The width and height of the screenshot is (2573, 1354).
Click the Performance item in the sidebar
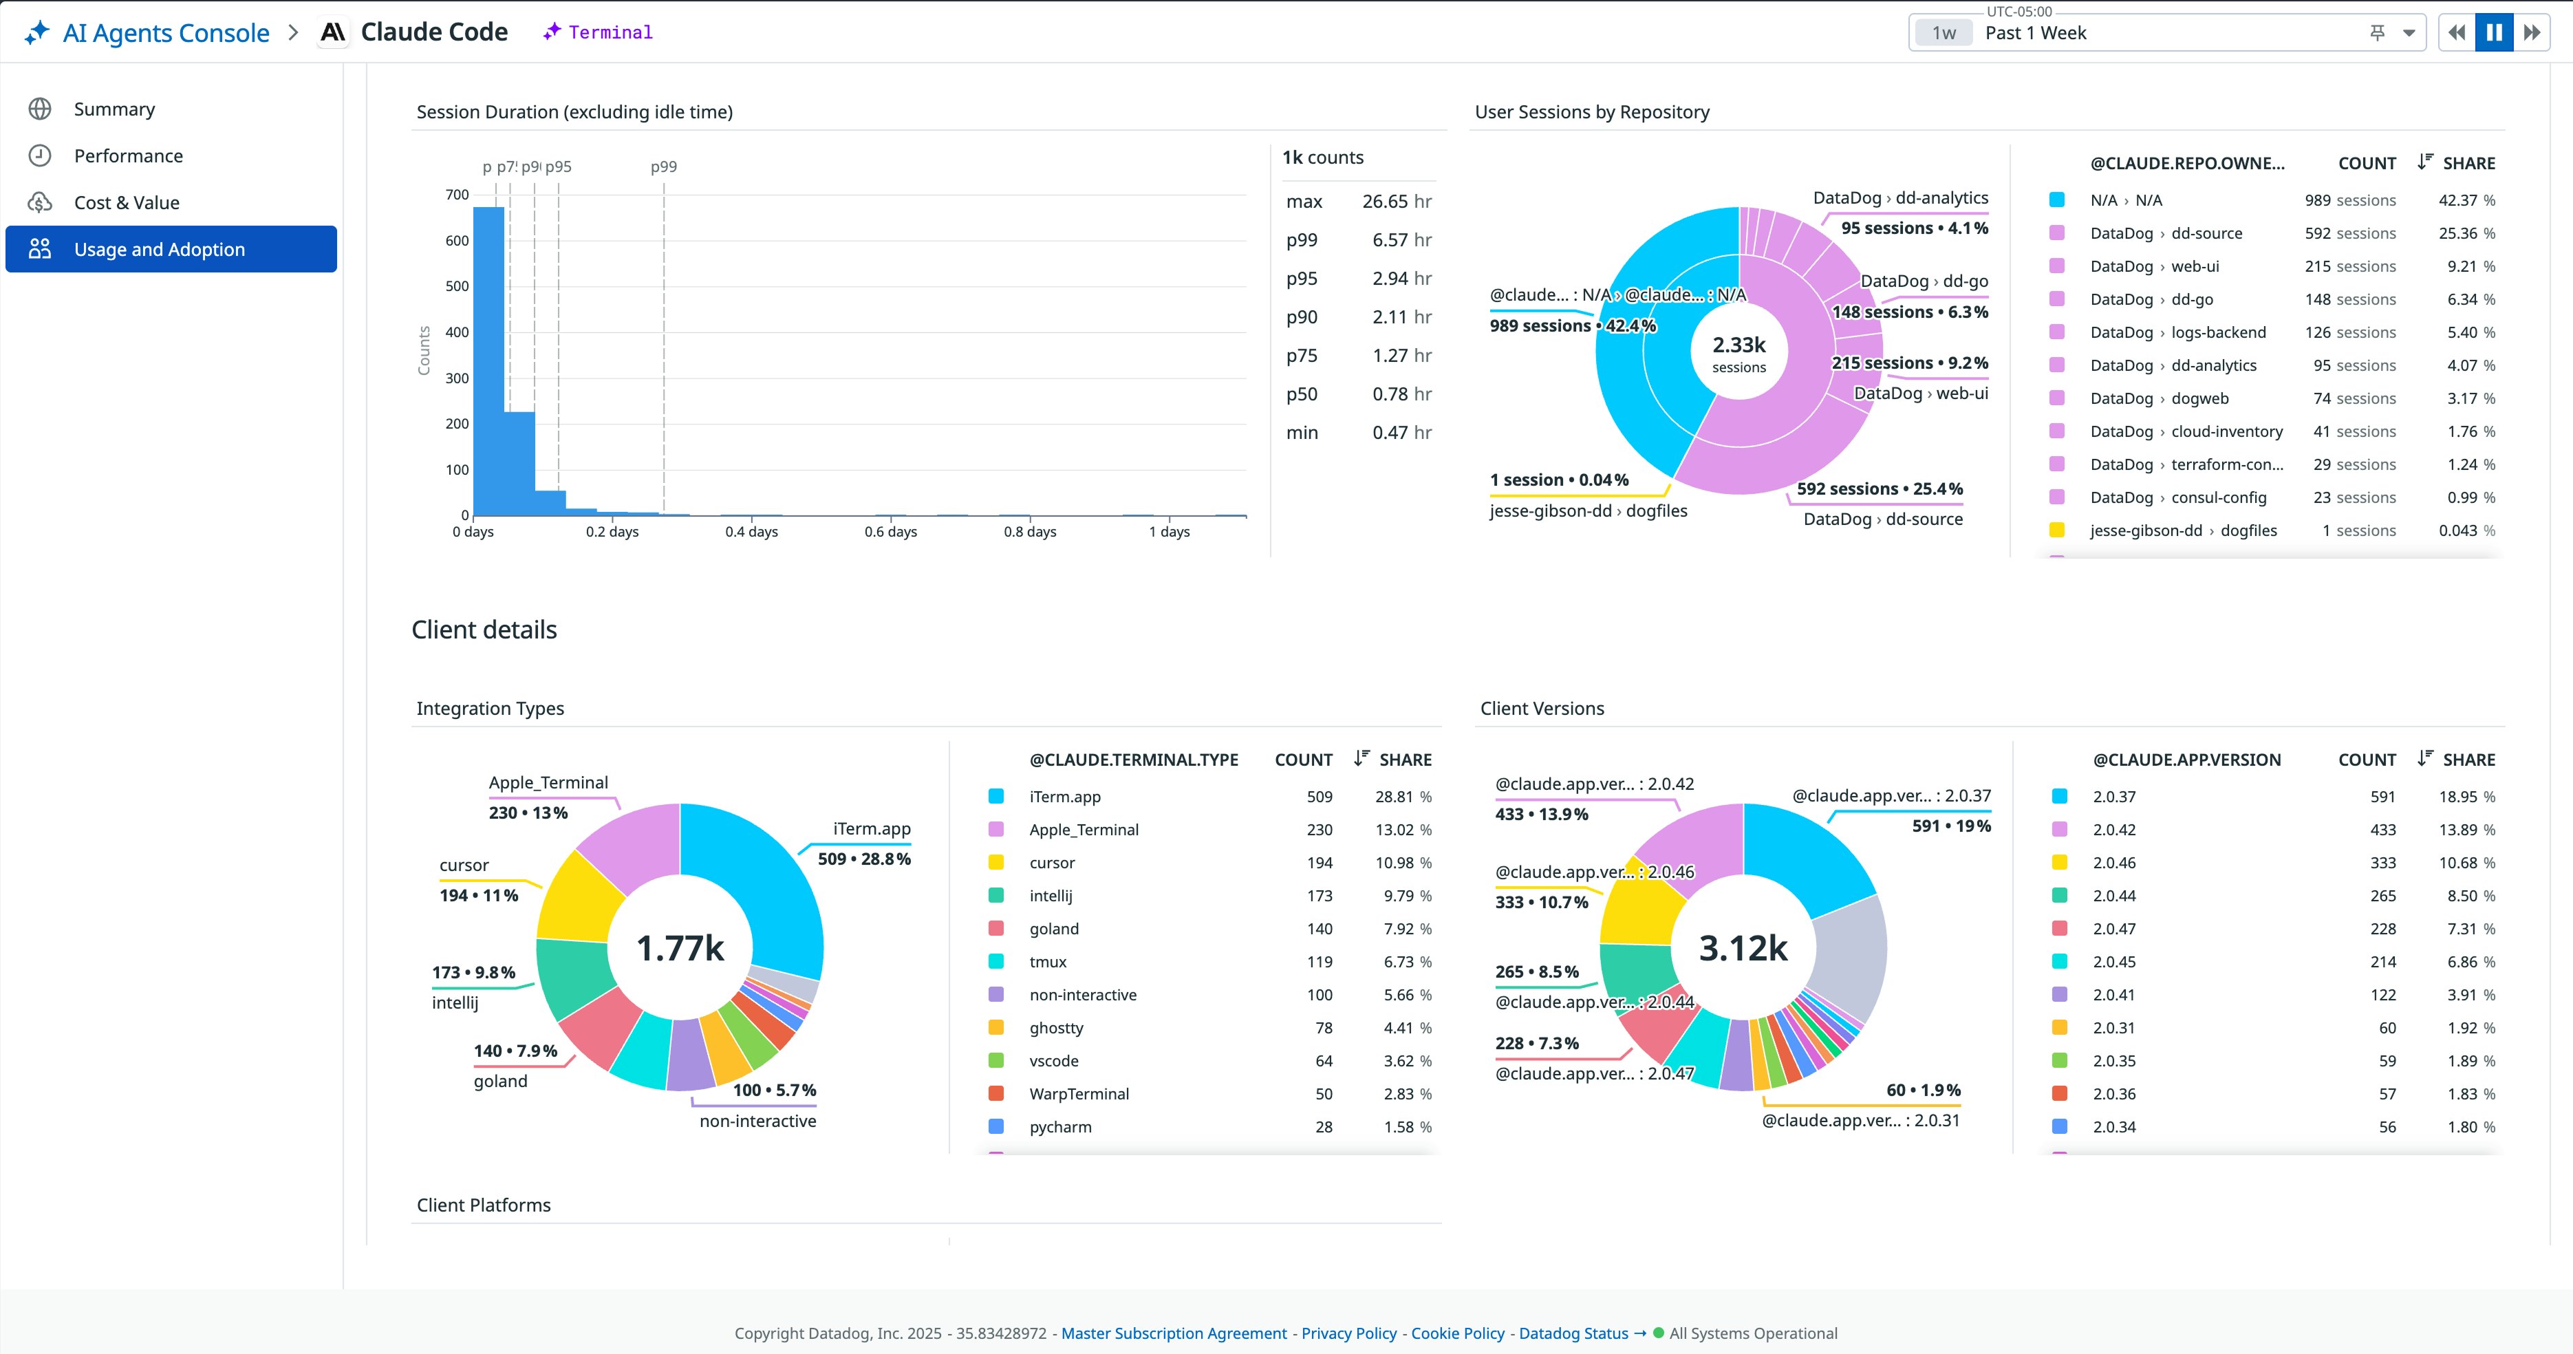click(128, 156)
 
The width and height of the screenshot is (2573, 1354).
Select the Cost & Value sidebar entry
click(126, 203)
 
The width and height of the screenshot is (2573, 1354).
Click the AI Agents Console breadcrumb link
click(165, 33)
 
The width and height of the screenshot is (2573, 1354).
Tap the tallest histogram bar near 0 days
click(488, 360)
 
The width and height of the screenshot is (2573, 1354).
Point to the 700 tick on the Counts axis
click(457, 195)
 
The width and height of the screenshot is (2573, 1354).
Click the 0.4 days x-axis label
click(751, 532)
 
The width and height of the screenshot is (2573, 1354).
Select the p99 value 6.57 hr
click(1401, 240)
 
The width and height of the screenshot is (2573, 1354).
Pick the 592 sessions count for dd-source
click(2349, 233)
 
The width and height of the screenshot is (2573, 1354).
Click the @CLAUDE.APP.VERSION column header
click(2186, 760)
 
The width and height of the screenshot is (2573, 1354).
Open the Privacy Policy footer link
click(1348, 1333)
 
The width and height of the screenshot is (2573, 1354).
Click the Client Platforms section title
click(484, 1205)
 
